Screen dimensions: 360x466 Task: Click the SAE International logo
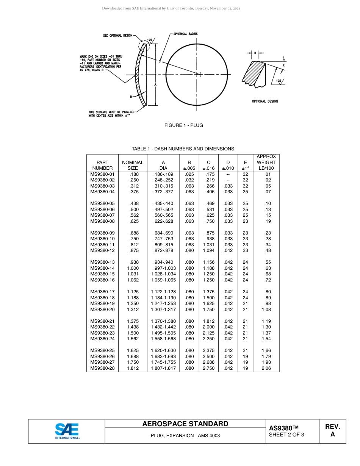(67, 431)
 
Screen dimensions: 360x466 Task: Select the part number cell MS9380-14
(102, 268)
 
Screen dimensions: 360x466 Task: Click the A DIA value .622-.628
(163, 221)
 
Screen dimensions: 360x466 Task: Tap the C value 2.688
(208, 362)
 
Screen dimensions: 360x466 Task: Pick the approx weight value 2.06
(266, 368)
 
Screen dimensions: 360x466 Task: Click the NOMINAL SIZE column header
(133, 165)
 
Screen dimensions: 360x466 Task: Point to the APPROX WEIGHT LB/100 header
(266, 162)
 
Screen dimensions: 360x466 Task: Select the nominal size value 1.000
(133, 268)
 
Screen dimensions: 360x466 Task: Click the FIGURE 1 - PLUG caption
(183, 125)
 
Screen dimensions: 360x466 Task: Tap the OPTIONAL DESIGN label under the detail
(265, 101)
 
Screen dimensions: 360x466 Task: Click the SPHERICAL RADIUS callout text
(185, 34)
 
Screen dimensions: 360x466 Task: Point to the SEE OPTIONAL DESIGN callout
(117, 36)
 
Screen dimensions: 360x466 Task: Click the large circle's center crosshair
(197, 74)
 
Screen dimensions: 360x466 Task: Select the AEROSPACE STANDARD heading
(185, 424)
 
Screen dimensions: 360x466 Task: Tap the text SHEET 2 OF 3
(286, 435)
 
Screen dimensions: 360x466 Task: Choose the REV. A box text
(332, 430)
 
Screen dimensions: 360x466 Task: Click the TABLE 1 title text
(183, 149)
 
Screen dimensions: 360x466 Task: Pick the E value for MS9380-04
(245, 192)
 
